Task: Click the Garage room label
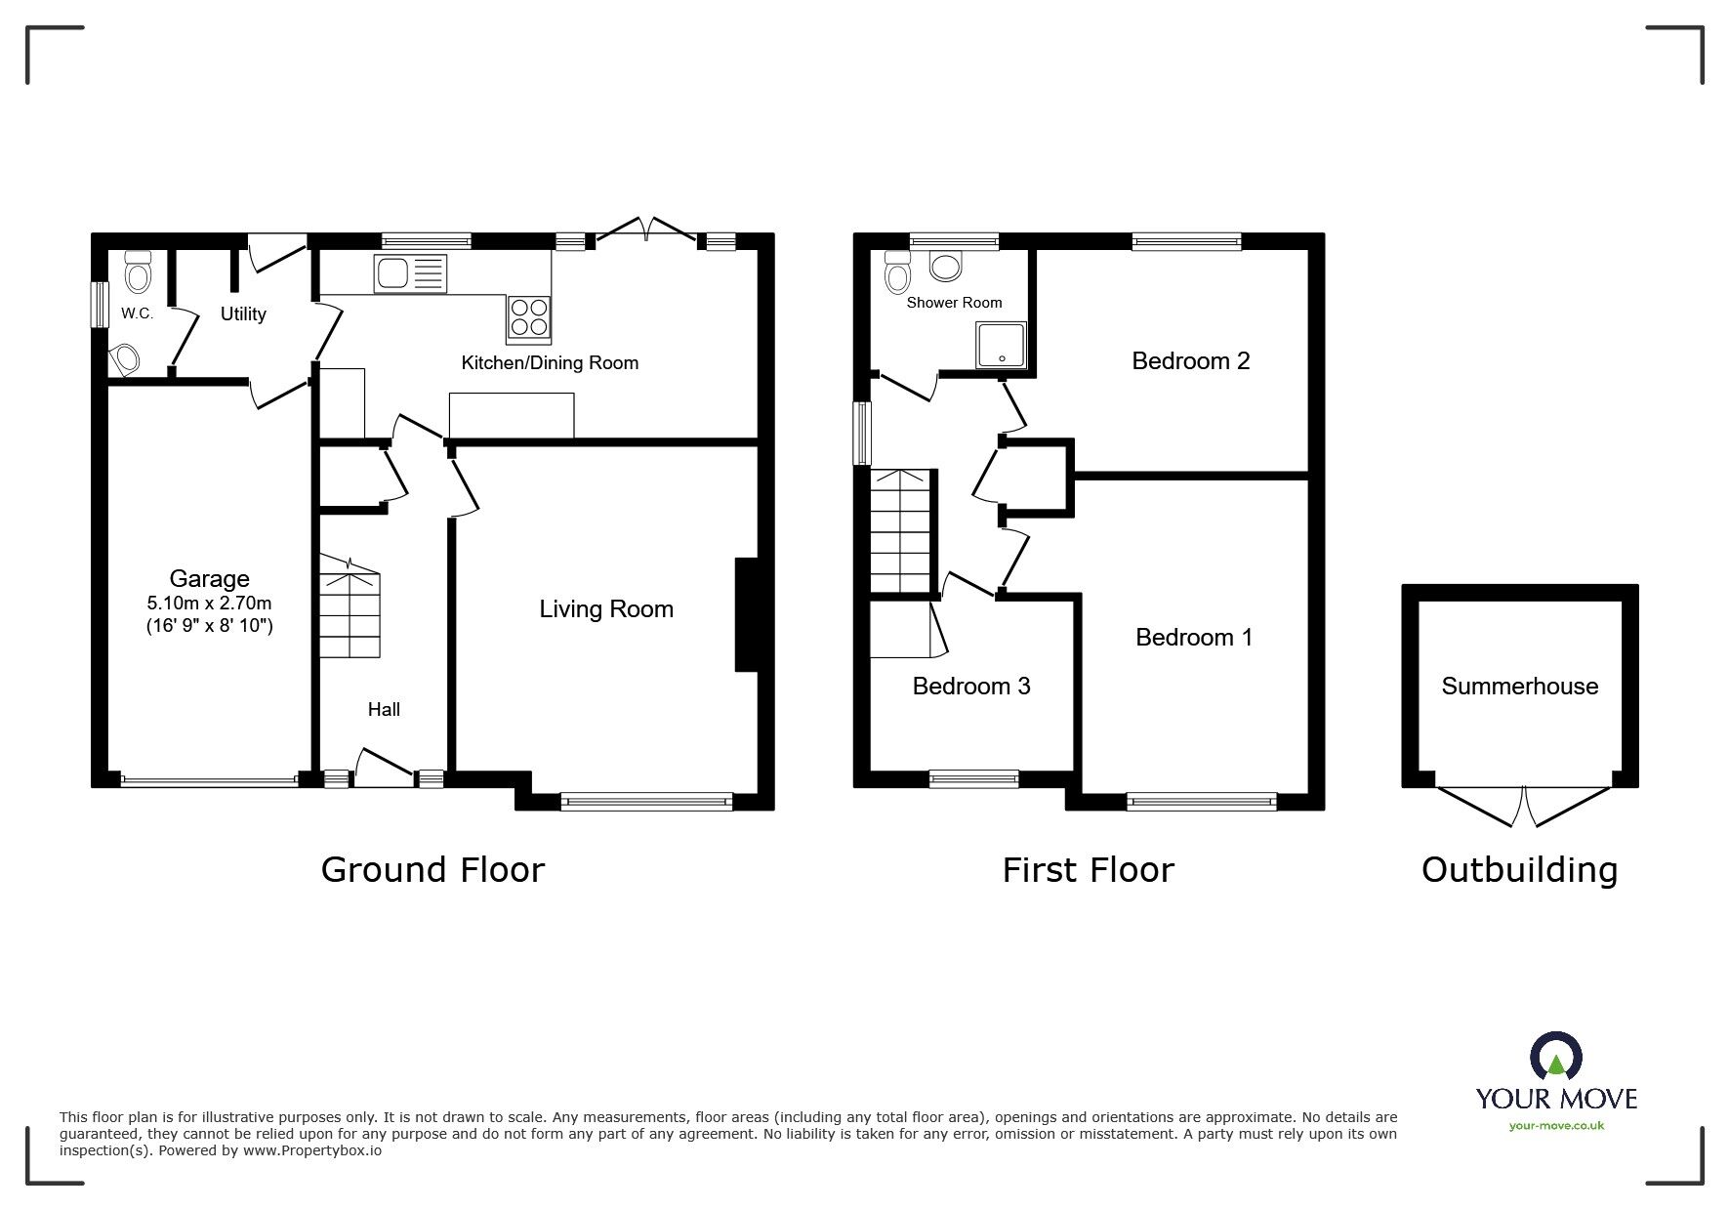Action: tap(209, 579)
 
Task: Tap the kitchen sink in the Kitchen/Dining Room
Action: tap(409, 273)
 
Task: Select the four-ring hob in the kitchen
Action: tap(528, 317)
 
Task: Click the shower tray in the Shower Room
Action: tap(1001, 347)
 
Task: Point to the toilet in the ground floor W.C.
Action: tap(139, 271)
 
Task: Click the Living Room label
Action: tap(606, 609)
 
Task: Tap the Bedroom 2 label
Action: tap(1190, 361)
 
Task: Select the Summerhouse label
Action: tap(1519, 687)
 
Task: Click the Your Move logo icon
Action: tap(1556, 1059)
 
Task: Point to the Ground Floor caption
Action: tap(432, 869)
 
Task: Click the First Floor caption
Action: tap(1088, 869)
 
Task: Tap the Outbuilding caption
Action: tap(1519, 870)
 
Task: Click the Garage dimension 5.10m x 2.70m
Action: tap(209, 604)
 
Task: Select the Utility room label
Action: tap(243, 314)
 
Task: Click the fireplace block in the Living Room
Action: tap(746, 614)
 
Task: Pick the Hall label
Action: tap(384, 710)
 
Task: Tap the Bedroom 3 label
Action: tap(971, 687)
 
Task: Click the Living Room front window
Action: tap(646, 801)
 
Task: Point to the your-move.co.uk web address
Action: tap(1556, 1126)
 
